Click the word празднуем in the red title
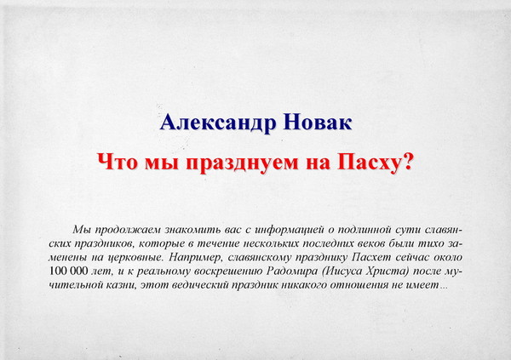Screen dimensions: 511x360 tap(243, 163)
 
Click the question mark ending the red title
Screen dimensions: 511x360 tap(407, 161)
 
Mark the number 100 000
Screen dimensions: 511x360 tap(68, 271)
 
